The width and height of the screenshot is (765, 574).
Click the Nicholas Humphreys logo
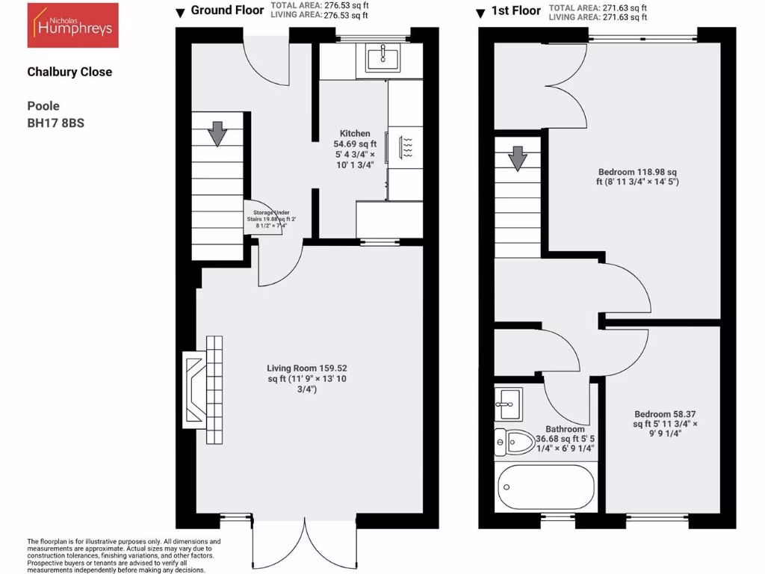[72, 25]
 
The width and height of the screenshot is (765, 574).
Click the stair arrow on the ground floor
[217, 134]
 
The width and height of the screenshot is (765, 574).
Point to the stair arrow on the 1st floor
[517, 158]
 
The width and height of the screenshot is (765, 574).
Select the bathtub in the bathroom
[545, 487]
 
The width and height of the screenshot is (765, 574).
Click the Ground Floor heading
[227, 10]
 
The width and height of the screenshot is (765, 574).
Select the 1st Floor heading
[515, 12]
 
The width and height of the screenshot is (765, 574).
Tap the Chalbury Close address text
[69, 72]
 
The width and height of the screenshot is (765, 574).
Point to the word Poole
[43, 106]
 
